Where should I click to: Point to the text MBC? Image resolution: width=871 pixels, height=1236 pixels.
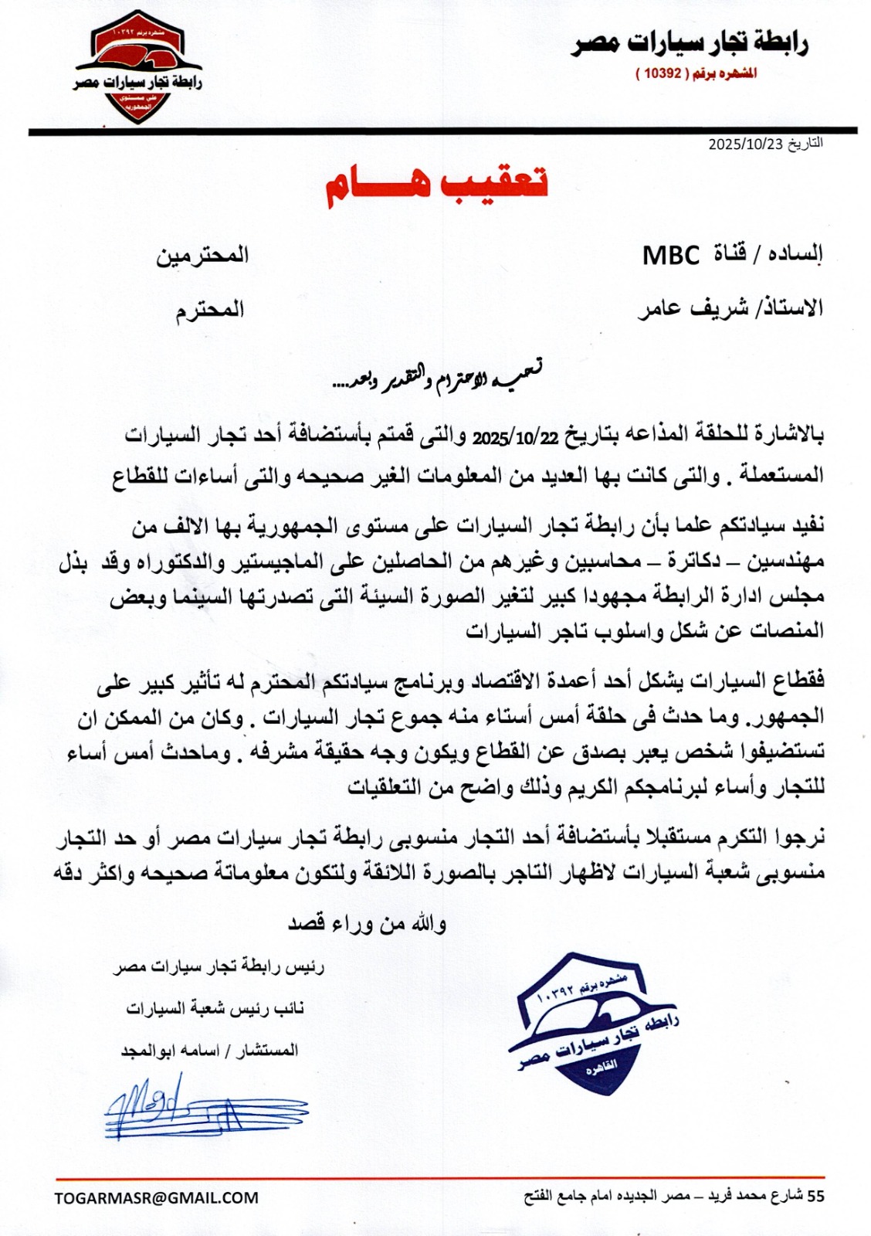click(x=671, y=254)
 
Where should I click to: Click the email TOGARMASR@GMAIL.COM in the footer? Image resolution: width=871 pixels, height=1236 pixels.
click(x=157, y=1198)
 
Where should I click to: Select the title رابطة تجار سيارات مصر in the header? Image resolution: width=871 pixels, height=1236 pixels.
click(x=689, y=44)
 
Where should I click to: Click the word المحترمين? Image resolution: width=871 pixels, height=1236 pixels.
click(x=202, y=255)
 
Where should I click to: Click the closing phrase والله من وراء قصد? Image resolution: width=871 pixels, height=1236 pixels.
click(x=367, y=923)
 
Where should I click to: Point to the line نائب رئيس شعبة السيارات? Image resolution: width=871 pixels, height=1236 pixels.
click(x=215, y=1009)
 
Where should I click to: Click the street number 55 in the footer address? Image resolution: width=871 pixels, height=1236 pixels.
click(x=815, y=1197)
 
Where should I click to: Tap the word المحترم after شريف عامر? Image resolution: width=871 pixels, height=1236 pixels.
click(x=209, y=310)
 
